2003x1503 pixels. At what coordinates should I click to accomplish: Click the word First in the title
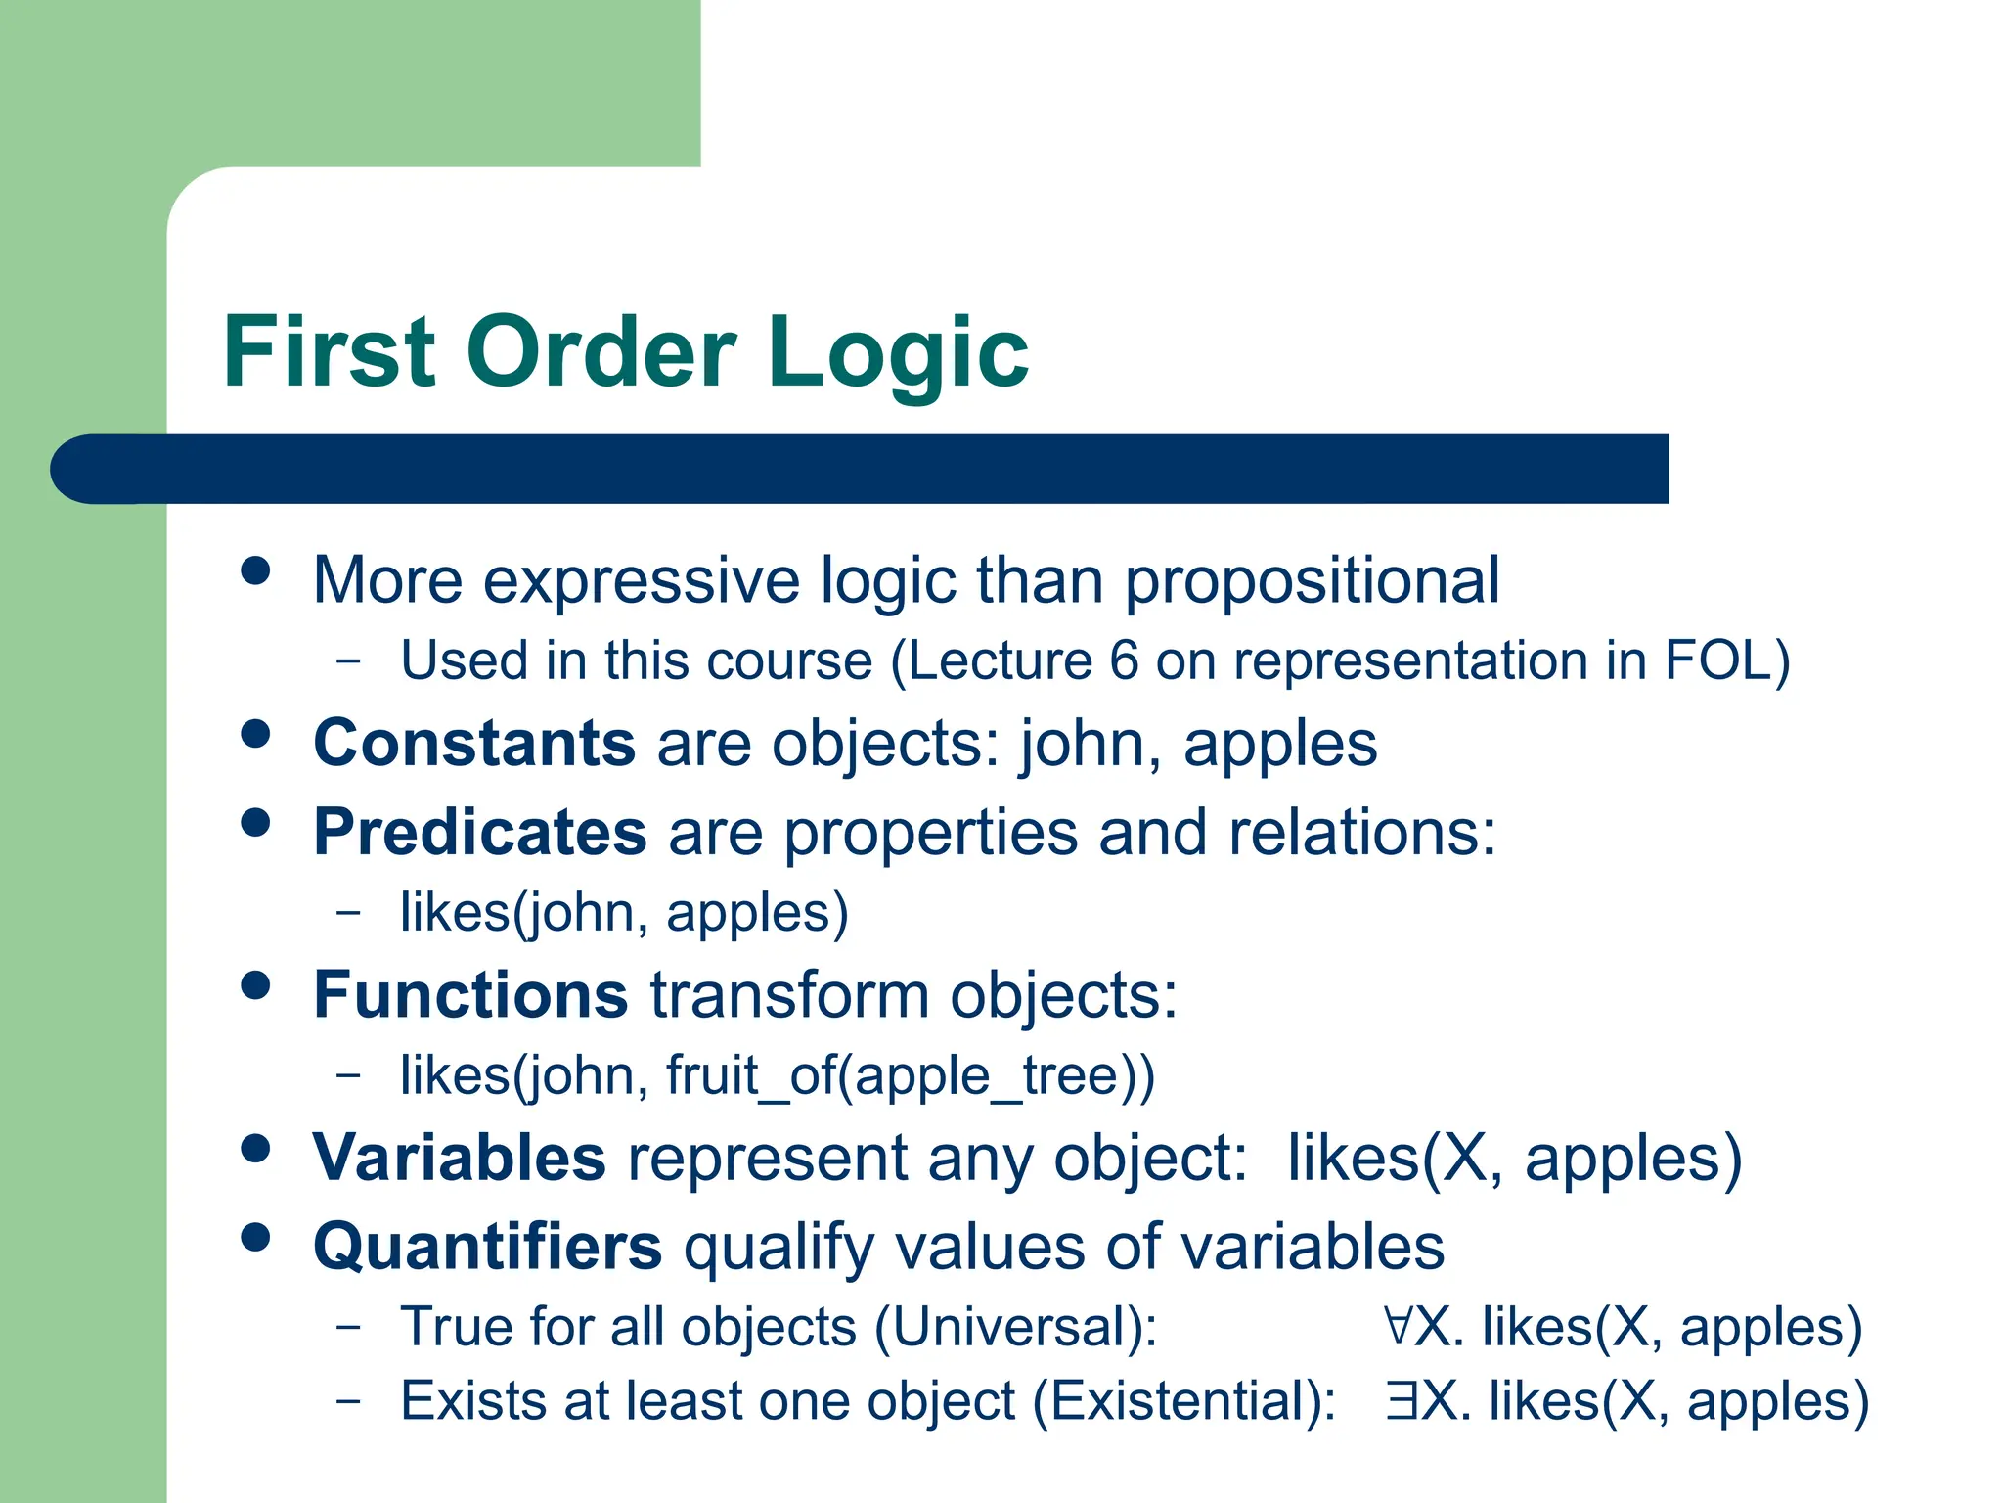[329, 352]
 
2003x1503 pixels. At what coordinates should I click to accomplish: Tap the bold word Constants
[474, 744]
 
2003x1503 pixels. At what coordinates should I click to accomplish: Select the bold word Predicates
[479, 833]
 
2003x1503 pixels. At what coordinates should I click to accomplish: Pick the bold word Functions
[470, 995]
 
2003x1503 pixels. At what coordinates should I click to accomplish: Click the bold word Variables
[460, 1158]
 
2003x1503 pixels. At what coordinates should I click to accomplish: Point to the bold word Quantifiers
[487, 1247]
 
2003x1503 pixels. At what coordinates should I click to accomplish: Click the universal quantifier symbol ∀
[1399, 1326]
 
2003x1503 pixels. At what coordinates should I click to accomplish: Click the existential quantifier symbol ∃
[1401, 1400]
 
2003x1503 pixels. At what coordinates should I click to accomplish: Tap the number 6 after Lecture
[1124, 660]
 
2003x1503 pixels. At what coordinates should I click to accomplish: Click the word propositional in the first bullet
[1312, 581]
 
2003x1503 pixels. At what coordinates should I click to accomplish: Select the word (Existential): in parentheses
[1184, 1401]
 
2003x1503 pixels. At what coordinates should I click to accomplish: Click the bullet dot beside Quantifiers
[255, 1238]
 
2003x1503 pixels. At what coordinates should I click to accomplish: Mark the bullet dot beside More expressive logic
[255, 570]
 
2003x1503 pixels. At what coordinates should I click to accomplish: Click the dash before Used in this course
[347, 660]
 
